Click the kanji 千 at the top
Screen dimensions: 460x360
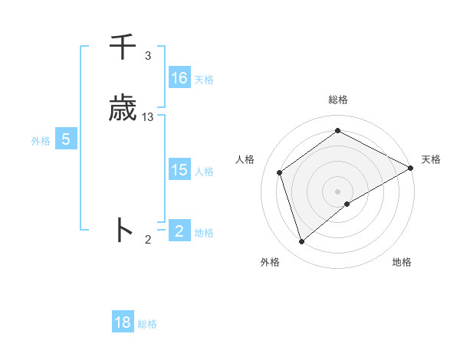pyautogui.click(x=123, y=47)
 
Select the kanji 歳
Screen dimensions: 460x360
pyautogui.click(x=123, y=109)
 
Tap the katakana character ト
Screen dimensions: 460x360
pyautogui.click(x=123, y=230)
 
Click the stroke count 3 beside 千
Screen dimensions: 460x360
pyautogui.click(x=148, y=56)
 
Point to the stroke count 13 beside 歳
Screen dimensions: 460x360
pyautogui.click(x=148, y=117)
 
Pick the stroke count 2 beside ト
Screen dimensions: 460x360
pyautogui.click(x=148, y=240)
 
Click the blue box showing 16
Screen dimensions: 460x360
pyautogui.click(x=179, y=78)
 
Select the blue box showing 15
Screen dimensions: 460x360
pyautogui.click(x=179, y=170)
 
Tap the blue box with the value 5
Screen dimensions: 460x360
pyautogui.click(x=66, y=139)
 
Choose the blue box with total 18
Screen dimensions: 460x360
pyautogui.click(x=123, y=322)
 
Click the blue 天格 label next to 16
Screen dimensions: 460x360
pyautogui.click(x=204, y=80)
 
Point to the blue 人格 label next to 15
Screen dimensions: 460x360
pyautogui.click(x=204, y=172)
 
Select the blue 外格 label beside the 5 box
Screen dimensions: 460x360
pyautogui.click(x=41, y=141)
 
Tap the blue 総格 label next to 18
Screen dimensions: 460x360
pyautogui.click(x=147, y=324)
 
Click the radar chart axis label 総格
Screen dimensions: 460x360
pyautogui.click(x=338, y=100)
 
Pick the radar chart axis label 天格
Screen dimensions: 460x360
pyautogui.click(x=431, y=159)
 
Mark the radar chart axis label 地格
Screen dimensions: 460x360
pyautogui.click(x=402, y=262)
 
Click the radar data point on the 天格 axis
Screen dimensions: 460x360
pyautogui.click(x=411, y=169)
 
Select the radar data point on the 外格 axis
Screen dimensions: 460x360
pyautogui.click(x=302, y=242)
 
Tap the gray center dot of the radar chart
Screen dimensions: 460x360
pyautogui.click(x=337, y=191)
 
